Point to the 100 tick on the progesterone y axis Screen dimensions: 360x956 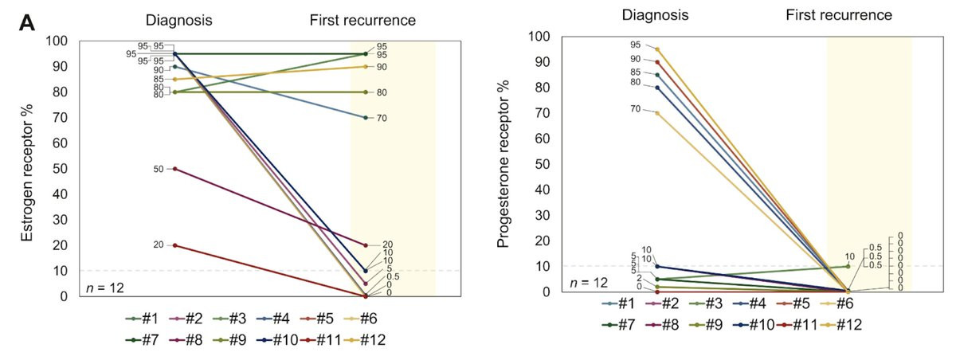coord(541,37)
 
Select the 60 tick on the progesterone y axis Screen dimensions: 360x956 coord(544,139)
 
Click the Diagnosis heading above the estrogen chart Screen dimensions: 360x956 coord(178,19)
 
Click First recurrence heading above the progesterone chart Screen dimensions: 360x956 coord(839,15)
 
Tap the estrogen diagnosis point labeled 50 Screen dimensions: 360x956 coord(174,169)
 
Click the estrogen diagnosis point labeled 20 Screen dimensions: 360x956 coord(174,245)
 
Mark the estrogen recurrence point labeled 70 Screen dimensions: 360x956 coord(366,118)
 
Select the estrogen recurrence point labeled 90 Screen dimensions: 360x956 coord(366,67)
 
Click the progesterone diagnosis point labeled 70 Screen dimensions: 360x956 coord(657,113)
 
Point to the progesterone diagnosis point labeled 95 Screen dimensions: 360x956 coord(657,49)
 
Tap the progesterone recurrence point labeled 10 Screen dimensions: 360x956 coord(848,266)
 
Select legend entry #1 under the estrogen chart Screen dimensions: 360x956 coord(142,319)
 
